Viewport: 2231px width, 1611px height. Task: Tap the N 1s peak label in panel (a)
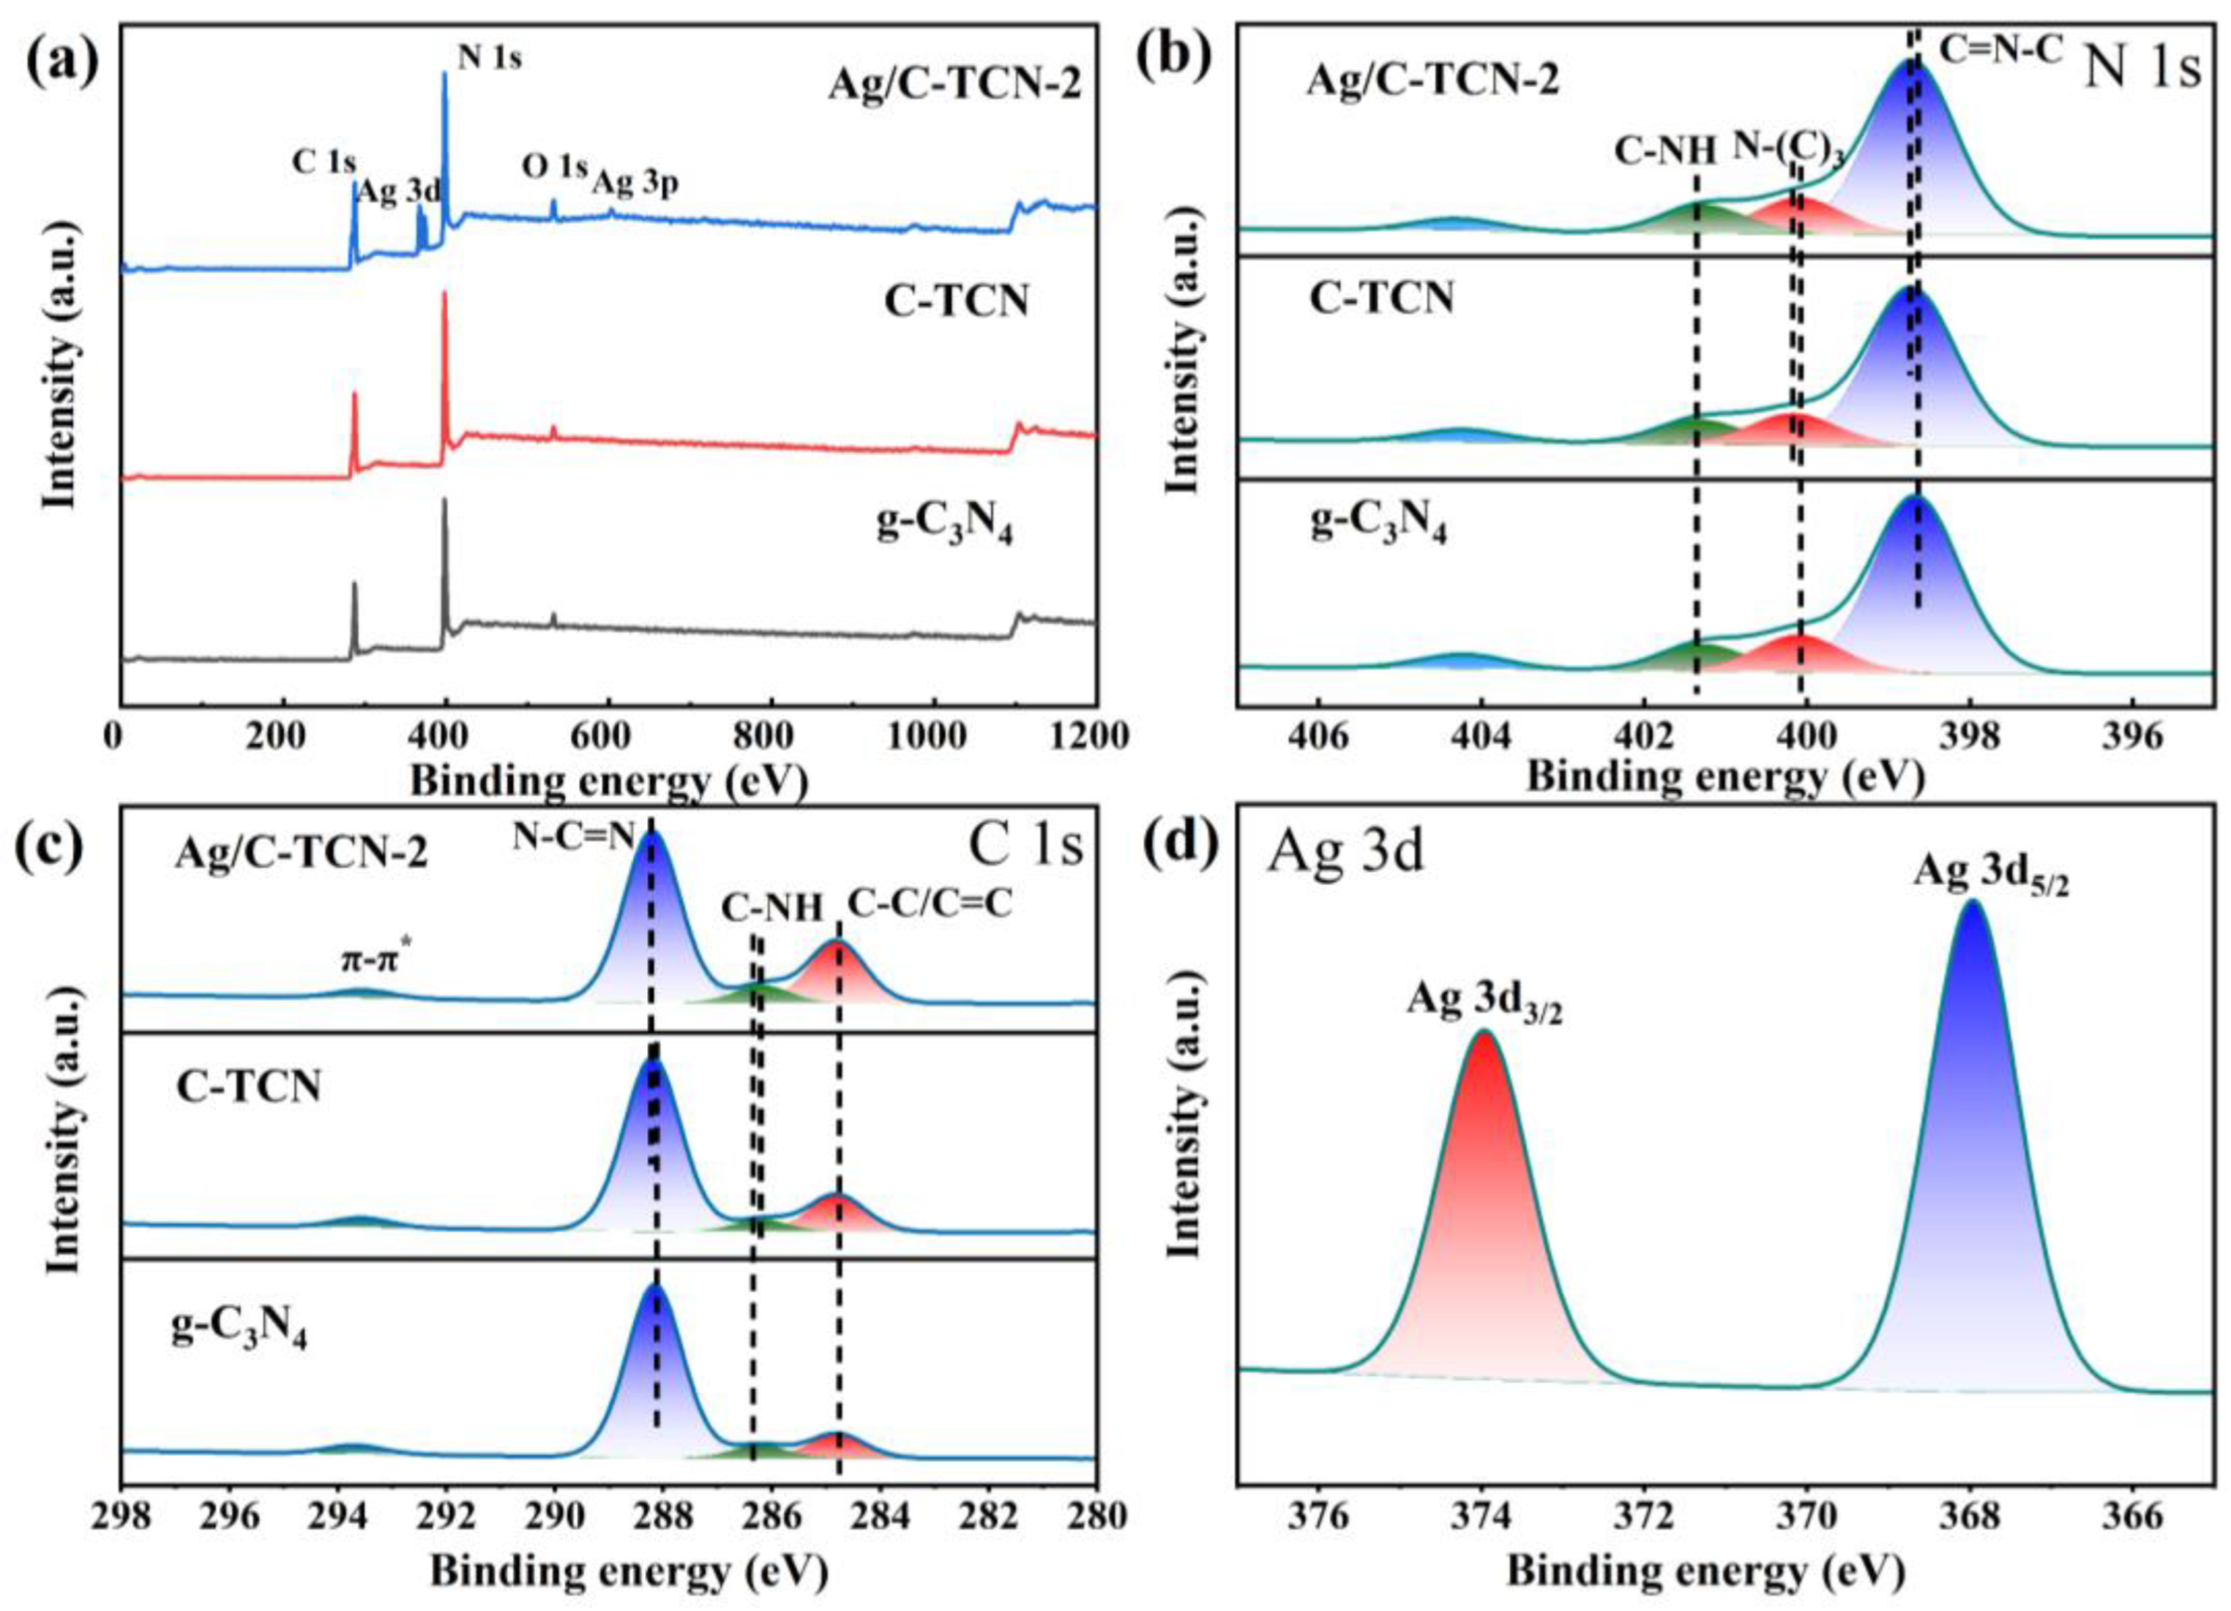tap(490, 59)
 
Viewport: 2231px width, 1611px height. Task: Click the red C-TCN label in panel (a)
tap(956, 300)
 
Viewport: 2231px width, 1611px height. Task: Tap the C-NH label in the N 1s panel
tap(1667, 151)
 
